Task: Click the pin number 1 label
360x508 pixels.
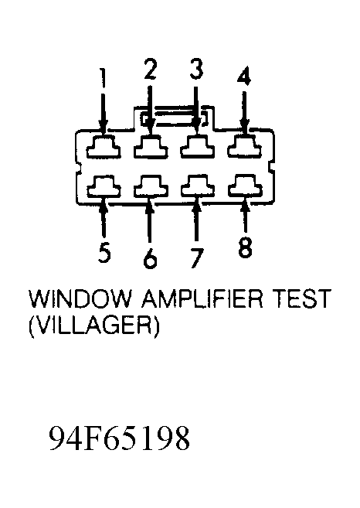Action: (104, 78)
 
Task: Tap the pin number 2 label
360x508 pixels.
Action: (150, 69)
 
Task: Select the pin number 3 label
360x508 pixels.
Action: (196, 69)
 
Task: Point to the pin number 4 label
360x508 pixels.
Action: (244, 76)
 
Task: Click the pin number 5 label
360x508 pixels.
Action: (104, 253)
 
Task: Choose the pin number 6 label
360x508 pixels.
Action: (150, 258)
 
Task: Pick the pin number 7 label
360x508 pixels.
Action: (196, 258)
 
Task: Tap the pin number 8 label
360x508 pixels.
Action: (245, 247)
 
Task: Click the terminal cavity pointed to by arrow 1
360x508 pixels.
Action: (104, 147)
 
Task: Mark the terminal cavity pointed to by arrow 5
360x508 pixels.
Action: (104, 186)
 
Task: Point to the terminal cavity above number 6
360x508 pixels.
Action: (151, 186)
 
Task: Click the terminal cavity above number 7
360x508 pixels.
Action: (198, 186)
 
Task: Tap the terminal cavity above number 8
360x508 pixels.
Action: (245, 186)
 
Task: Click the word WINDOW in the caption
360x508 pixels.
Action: (80, 298)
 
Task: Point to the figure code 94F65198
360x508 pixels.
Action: (119, 438)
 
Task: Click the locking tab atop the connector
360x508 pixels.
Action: (173, 106)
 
